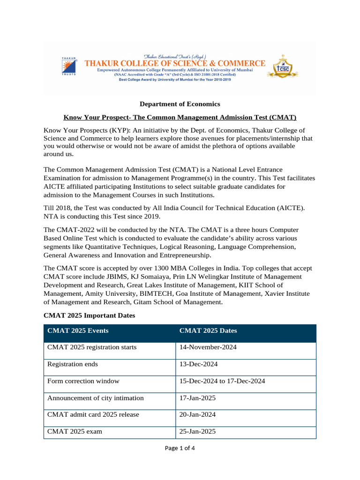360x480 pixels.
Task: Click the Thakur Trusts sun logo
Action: tap(69, 66)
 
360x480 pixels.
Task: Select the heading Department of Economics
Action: tap(180, 104)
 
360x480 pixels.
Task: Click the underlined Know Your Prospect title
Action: tap(180, 117)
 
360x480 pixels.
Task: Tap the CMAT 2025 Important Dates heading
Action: tap(89, 315)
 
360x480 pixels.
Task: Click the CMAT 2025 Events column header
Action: tap(78, 330)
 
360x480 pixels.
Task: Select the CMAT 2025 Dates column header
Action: tap(208, 330)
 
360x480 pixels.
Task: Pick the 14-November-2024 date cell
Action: tap(208, 347)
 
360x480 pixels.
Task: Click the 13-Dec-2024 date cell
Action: tap(198, 364)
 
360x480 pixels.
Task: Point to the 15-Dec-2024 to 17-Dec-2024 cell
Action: tap(222, 381)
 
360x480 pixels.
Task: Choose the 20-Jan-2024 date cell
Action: tap(197, 415)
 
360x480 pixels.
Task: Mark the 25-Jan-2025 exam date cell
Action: tap(197, 432)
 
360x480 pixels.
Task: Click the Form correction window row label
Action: tap(83, 381)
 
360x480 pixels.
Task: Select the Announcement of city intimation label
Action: tap(96, 398)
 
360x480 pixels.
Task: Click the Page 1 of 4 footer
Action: tap(180, 448)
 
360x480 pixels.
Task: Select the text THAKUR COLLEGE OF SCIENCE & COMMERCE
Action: tap(174, 63)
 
